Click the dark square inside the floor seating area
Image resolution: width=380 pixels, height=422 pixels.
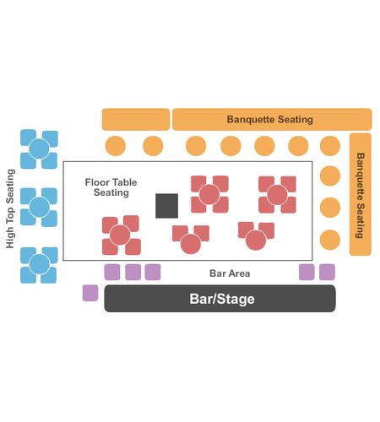(x=166, y=206)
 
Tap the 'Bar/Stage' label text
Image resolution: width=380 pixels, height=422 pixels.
(x=222, y=299)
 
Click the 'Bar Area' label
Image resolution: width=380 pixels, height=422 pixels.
(x=230, y=273)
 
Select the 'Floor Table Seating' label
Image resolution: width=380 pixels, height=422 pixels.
(x=111, y=187)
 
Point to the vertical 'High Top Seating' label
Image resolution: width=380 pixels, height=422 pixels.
(x=10, y=208)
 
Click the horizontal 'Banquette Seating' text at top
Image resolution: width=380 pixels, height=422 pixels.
(x=270, y=119)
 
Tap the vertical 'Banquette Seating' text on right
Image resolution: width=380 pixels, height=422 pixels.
(x=361, y=195)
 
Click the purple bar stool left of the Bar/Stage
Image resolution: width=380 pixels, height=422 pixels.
(x=90, y=293)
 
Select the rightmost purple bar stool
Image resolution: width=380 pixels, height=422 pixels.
(x=327, y=272)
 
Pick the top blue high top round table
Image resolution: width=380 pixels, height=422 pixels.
(x=39, y=149)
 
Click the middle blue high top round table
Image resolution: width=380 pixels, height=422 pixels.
(x=40, y=207)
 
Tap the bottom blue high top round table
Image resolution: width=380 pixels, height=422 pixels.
(x=39, y=264)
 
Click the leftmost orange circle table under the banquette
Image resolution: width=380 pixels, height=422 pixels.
(x=116, y=146)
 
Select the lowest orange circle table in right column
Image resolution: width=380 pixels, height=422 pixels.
(x=330, y=240)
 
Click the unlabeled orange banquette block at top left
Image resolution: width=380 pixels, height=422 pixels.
(x=136, y=119)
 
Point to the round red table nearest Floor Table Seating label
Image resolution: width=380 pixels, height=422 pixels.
(x=120, y=235)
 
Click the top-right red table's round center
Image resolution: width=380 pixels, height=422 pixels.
(x=277, y=195)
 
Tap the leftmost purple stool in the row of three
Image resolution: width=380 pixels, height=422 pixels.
(x=112, y=272)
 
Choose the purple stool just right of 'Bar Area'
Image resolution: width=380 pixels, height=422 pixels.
(x=307, y=272)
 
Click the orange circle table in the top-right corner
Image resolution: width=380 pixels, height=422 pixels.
(x=330, y=146)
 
